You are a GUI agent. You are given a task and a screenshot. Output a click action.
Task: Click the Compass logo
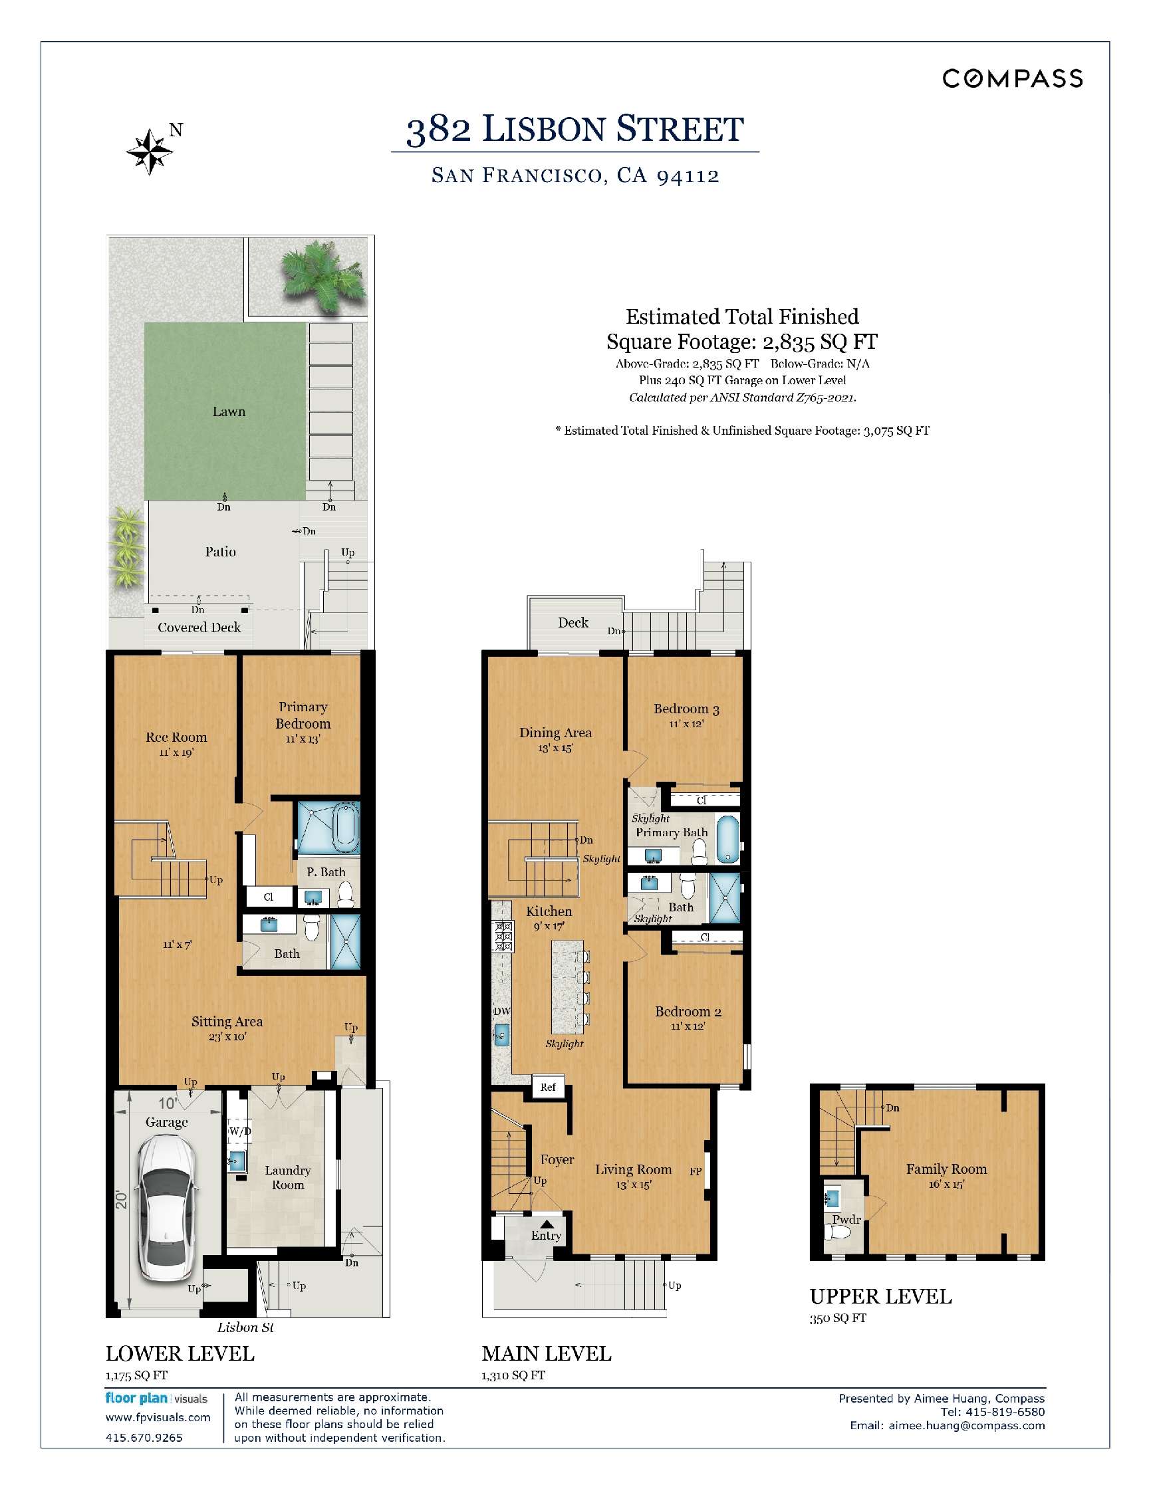click(1013, 78)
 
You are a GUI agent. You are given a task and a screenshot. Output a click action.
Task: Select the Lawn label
click(229, 411)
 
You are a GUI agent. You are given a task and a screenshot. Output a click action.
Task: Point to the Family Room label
click(946, 1169)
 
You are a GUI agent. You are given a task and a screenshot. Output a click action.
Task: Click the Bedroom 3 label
click(686, 709)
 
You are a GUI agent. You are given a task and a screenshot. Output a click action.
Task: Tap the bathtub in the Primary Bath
click(727, 840)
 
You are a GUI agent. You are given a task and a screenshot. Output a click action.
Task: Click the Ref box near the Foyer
click(547, 1088)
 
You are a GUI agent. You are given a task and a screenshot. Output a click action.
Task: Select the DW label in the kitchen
click(501, 1011)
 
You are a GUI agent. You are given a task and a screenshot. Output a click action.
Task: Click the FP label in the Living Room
click(695, 1171)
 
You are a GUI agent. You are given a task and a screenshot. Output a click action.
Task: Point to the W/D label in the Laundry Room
click(239, 1131)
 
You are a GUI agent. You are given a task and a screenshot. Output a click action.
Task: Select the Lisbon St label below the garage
click(245, 1327)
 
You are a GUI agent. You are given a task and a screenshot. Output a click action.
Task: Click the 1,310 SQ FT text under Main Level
click(513, 1375)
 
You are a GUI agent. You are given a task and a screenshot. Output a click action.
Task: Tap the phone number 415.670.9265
click(144, 1437)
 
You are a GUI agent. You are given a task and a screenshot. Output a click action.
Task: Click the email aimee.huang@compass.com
click(965, 1425)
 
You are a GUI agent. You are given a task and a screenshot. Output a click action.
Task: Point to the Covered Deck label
click(198, 628)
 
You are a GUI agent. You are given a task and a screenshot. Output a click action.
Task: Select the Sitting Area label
click(226, 1021)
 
